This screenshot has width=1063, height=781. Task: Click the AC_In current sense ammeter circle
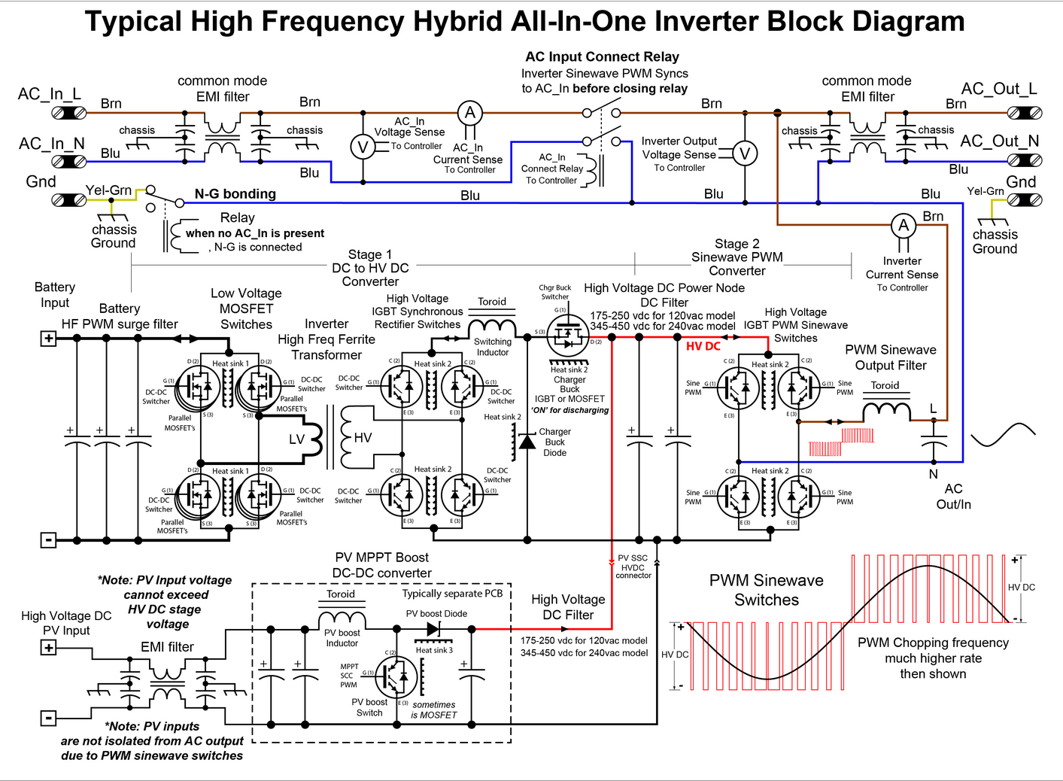click(x=470, y=114)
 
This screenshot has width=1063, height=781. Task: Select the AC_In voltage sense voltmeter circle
click(x=363, y=147)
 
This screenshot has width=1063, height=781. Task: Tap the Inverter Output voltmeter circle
click(x=745, y=153)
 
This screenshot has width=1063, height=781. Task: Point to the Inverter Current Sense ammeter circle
click(x=904, y=226)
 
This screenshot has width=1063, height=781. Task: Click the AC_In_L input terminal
click(x=68, y=114)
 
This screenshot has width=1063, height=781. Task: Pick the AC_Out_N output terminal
click(x=1024, y=160)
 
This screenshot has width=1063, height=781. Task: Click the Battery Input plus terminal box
click(x=48, y=339)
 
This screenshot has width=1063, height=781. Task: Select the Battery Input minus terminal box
click(x=48, y=539)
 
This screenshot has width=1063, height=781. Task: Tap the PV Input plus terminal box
click(x=48, y=647)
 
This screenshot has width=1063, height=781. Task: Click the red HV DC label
click(x=703, y=346)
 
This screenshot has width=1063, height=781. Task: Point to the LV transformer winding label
click(x=297, y=439)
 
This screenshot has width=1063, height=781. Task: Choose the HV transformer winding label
click(x=363, y=438)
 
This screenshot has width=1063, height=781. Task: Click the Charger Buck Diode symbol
click(x=527, y=442)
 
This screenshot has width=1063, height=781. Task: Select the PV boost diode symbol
click(x=433, y=628)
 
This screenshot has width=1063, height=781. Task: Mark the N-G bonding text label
click(x=235, y=194)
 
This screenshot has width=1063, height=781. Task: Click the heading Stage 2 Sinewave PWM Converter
click(x=737, y=257)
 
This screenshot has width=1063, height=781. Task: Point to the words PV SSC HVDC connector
click(x=633, y=567)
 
